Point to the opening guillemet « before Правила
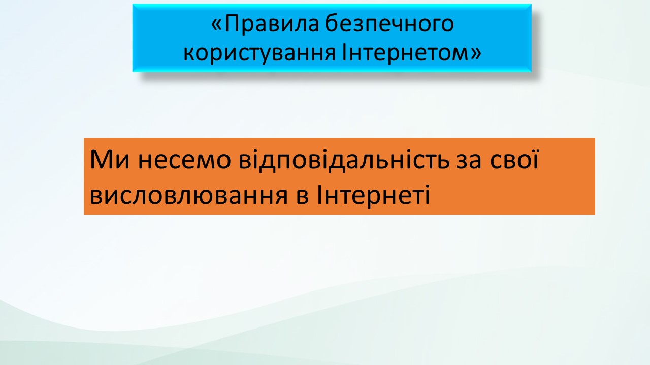(x=217, y=25)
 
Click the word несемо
(x=184, y=161)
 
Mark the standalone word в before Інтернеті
(x=302, y=196)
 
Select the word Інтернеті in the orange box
(x=373, y=194)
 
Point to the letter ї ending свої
(x=533, y=160)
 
